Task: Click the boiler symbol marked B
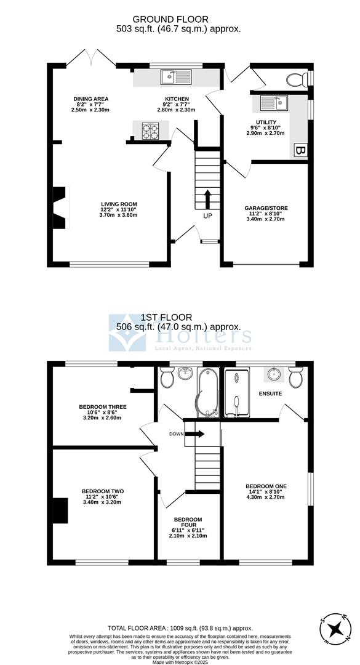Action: (301, 150)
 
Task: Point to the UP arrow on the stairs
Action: (207, 199)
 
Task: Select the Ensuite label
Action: (271, 393)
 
